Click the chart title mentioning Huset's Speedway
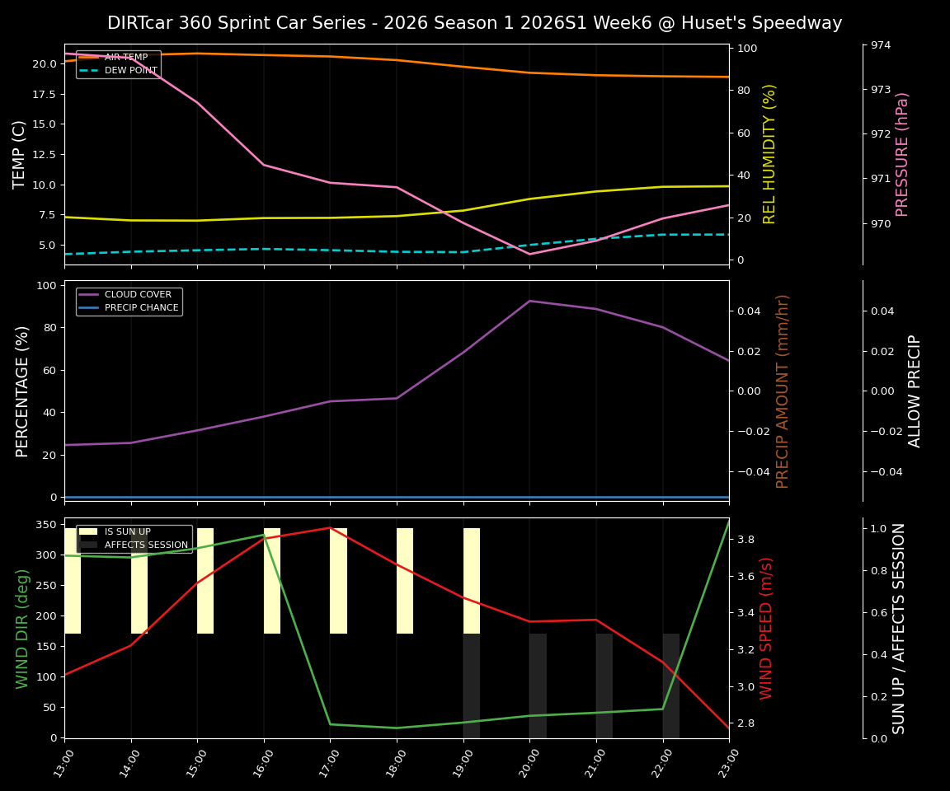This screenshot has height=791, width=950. click(x=474, y=23)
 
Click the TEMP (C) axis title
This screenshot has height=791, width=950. click(x=20, y=154)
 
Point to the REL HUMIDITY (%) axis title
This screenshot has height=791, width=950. click(x=769, y=154)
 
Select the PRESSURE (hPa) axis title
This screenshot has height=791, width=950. click(x=902, y=154)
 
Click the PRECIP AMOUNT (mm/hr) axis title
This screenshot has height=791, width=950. click(x=783, y=391)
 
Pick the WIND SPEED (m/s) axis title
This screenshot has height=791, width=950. click(x=766, y=628)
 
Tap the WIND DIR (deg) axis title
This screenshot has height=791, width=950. click(x=22, y=628)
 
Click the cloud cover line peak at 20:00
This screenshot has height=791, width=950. click(x=529, y=301)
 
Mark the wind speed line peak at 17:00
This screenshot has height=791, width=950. click(x=330, y=527)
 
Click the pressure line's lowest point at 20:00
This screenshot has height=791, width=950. click(x=529, y=254)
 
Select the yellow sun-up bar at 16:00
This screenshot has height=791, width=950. click(x=272, y=581)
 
